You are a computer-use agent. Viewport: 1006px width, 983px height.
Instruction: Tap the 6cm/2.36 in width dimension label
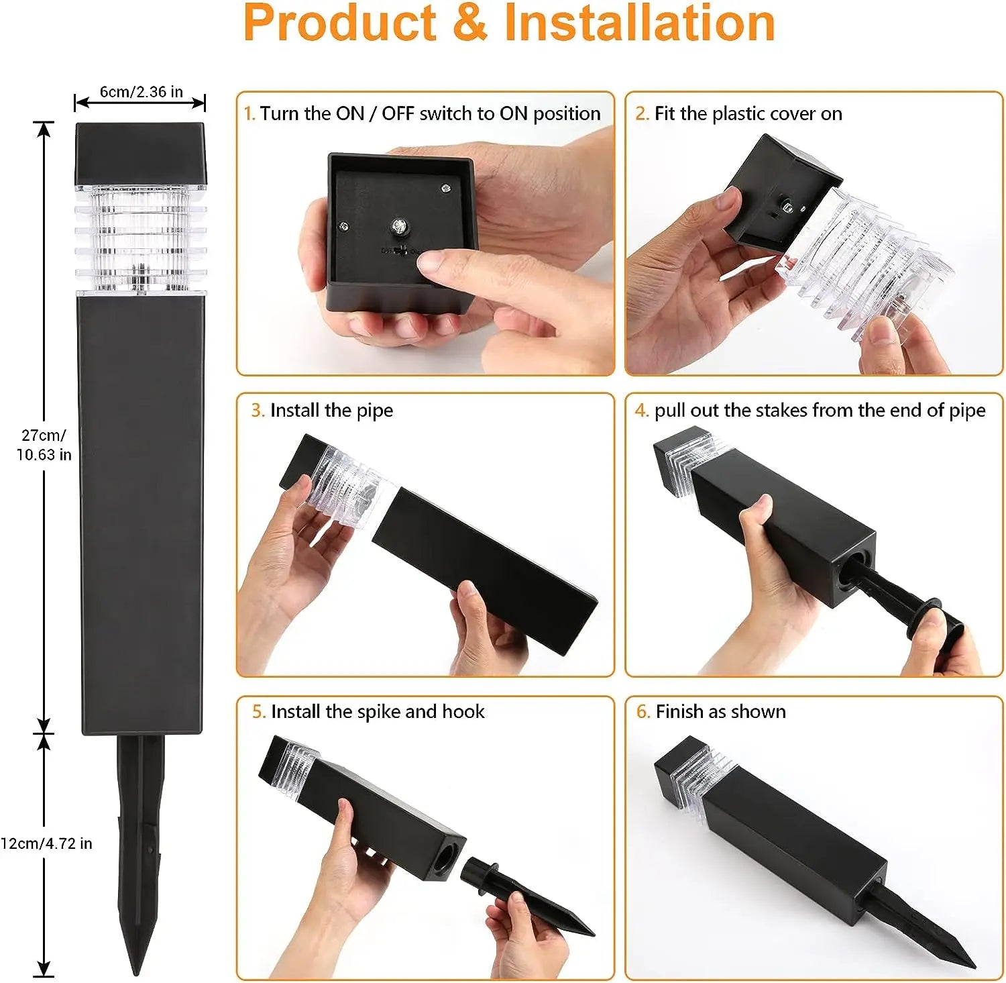141,92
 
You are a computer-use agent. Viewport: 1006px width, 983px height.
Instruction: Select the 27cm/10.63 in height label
44,445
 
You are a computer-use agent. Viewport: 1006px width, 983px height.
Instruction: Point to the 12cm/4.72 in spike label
46,843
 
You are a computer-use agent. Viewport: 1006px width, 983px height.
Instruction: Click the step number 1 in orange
249,114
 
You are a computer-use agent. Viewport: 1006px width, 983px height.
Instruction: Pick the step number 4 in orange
641,411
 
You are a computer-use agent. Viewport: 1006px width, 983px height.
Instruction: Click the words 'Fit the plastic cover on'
748,114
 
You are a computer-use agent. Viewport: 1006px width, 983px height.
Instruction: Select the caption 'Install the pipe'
331,411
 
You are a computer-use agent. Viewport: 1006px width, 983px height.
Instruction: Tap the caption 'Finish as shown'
720,712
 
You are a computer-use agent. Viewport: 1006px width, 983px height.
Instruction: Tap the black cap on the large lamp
140,154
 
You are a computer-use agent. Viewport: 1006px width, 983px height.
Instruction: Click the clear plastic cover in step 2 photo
865,262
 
